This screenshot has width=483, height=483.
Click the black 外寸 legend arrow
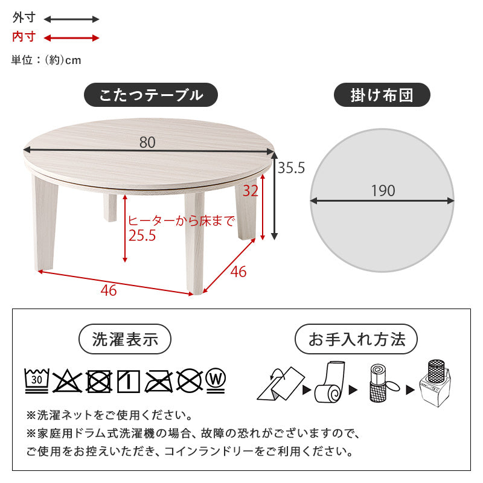pos(71,19)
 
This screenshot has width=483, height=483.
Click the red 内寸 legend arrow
pos(71,38)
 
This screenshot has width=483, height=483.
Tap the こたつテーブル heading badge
pos(150,95)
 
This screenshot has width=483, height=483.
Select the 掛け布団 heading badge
pos(382,95)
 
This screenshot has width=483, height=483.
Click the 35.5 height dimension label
pos(291,168)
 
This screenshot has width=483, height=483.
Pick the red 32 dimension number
pos(250,191)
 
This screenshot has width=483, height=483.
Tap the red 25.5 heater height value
pos(141,236)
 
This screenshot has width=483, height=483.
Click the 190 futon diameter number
pos(383,191)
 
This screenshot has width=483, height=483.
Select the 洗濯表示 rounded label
pos(125,339)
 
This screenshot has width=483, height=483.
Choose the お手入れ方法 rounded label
pos(356,339)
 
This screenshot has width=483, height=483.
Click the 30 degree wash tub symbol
pos(37,380)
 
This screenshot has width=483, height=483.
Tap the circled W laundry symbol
pos(215,379)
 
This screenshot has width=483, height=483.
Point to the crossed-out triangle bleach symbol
pos(68,380)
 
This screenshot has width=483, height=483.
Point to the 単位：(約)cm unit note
pos(46,60)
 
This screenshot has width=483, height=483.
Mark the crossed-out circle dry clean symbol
pos(189,380)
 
